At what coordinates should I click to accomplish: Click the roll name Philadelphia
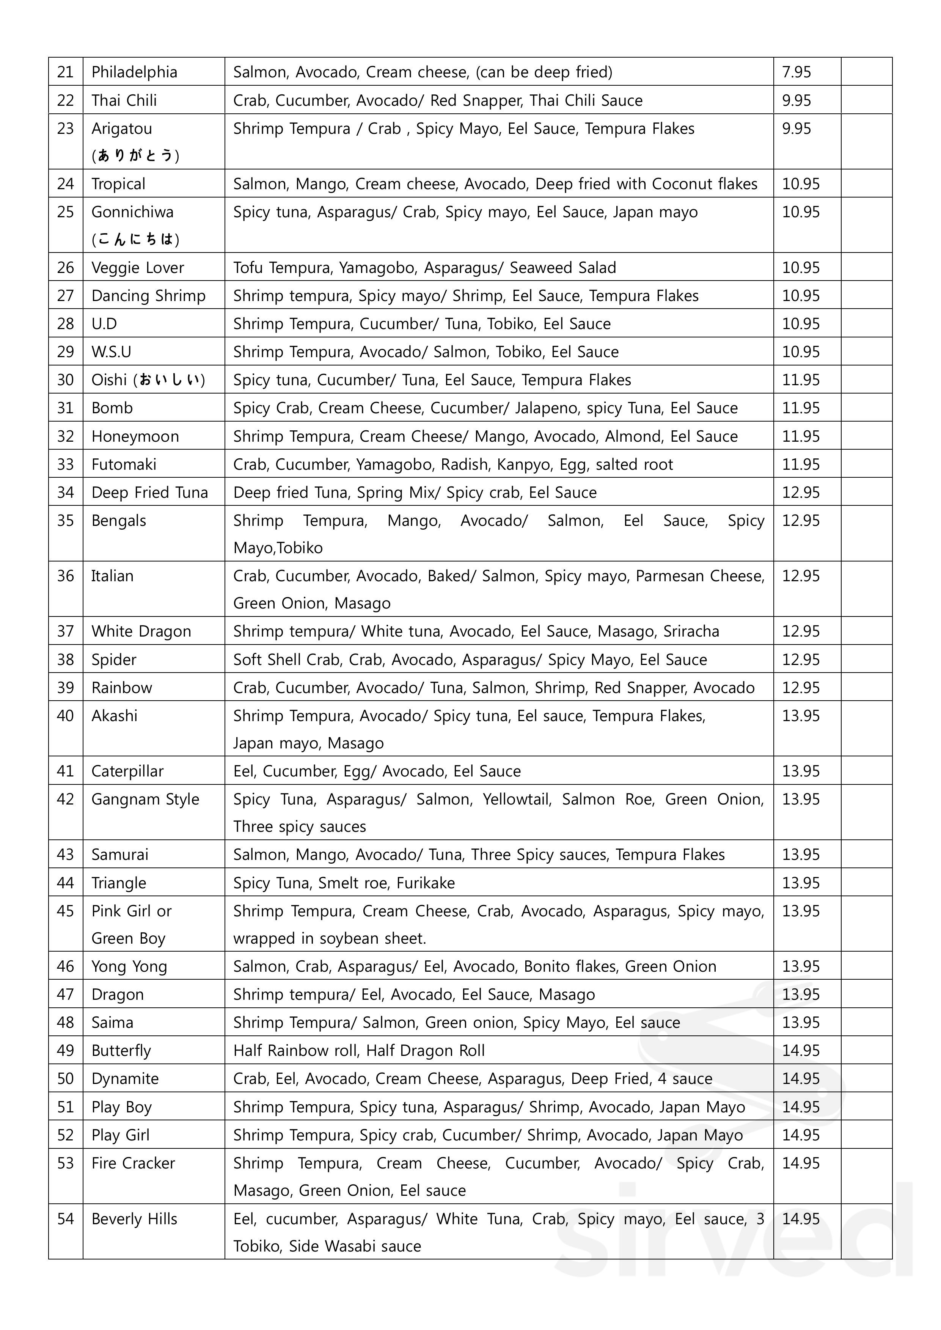click(134, 72)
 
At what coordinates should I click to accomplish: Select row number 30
click(66, 380)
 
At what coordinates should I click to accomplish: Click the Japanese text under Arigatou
click(135, 155)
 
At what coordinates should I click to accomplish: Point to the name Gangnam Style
click(145, 799)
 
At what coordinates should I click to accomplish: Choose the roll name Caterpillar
click(127, 771)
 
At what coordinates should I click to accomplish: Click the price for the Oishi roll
click(801, 380)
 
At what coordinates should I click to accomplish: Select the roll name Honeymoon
click(135, 436)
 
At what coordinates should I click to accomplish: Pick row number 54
click(66, 1219)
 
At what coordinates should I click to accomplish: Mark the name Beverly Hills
click(134, 1219)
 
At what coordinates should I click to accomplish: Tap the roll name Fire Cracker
click(133, 1163)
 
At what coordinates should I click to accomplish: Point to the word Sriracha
click(691, 631)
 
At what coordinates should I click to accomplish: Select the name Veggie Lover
click(137, 268)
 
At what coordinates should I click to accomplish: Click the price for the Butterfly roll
click(801, 1050)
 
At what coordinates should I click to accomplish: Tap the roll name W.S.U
click(111, 351)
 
